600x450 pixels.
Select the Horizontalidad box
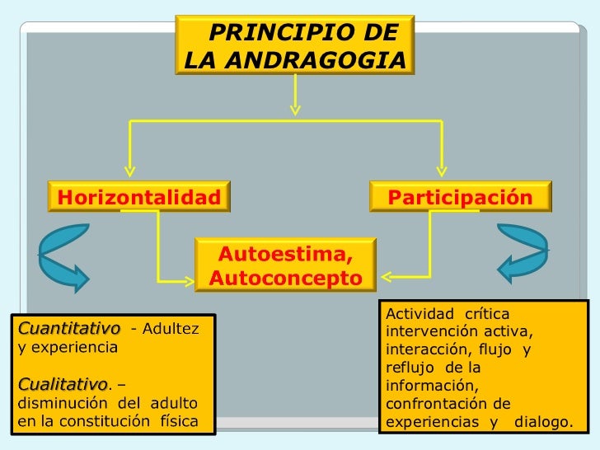[x=138, y=198]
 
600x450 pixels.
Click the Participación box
[x=460, y=198]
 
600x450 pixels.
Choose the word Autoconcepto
[x=285, y=279]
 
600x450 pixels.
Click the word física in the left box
[x=175, y=423]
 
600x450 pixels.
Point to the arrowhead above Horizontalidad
[x=128, y=171]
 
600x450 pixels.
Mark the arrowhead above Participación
[x=442, y=171]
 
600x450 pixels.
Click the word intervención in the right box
[x=426, y=332]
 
